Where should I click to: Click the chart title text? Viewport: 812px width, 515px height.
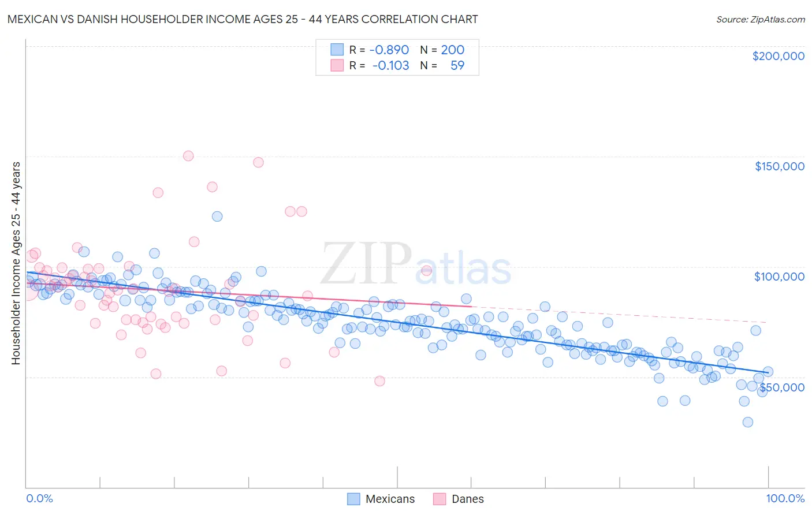tap(243, 19)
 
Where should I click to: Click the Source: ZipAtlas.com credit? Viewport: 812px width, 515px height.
tap(760, 19)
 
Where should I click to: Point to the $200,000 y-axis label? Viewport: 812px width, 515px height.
tap(778, 56)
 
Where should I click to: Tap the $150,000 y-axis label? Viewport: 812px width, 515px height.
tap(779, 166)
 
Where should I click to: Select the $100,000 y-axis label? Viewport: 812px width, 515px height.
tap(779, 277)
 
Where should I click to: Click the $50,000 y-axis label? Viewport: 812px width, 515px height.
tap(781, 387)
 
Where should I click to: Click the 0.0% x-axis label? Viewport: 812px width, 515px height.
tap(39, 498)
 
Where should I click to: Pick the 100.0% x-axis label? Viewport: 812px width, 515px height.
tap(785, 498)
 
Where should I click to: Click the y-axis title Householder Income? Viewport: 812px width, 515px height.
tap(16, 263)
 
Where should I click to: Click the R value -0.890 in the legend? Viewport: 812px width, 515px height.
tap(389, 50)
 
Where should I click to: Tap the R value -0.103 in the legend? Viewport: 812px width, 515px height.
tap(390, 65)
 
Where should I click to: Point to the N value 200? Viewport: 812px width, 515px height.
tap(452, 50)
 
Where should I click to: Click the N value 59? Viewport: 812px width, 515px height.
tap(457, 65)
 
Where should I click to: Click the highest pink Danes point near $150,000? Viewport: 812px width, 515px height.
tap(188, 156)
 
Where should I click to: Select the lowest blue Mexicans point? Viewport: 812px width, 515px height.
tap(747, 422)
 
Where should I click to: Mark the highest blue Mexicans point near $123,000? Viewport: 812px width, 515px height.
tap(217, 217)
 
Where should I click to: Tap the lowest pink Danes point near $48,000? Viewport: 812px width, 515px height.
tap(379, 381)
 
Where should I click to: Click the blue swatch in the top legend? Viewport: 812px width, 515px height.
tap(337, 50)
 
